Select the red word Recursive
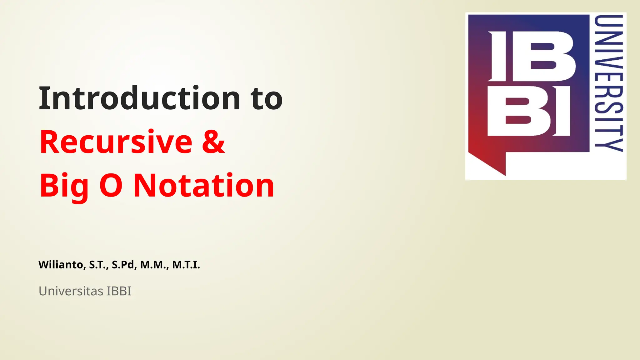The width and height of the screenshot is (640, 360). [116, 142]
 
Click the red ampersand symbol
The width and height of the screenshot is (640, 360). [213, 142]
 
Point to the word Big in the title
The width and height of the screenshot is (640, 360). [64, 186]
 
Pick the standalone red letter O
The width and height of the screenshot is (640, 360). [111, 186]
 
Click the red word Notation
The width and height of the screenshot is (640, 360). [204, 186]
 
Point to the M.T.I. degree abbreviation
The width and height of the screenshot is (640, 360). [186, 265]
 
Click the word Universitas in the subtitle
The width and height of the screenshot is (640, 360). [71, 291]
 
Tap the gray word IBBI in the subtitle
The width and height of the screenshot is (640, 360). [119, 291]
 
